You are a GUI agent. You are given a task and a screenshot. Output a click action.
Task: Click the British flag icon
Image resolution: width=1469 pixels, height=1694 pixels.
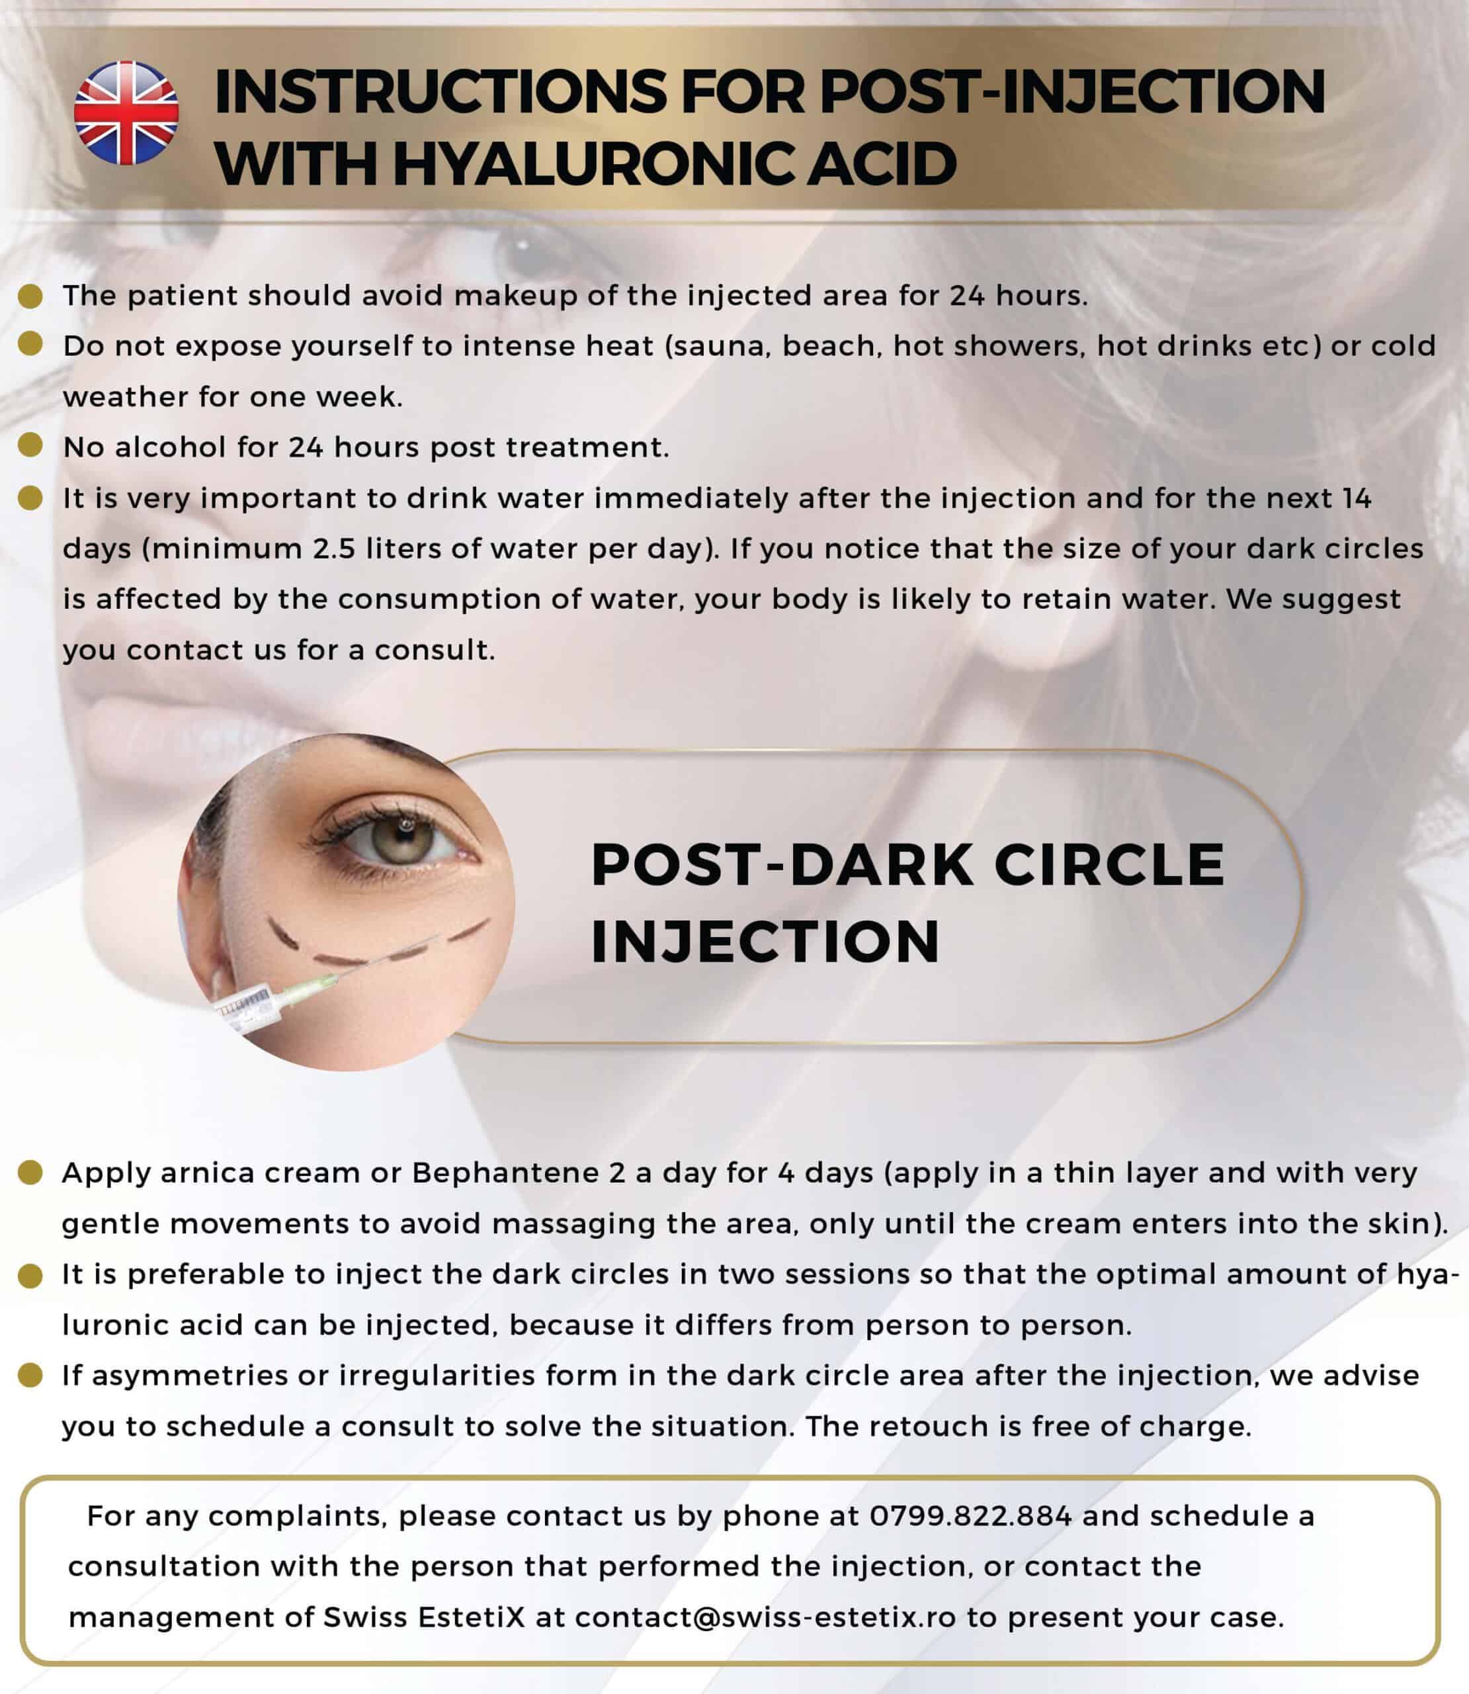point(126,112)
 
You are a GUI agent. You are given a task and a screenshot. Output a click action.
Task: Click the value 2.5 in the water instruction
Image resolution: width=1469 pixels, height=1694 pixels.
point(333,548)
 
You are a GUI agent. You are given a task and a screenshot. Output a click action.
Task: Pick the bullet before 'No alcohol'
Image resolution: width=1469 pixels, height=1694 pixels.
point(30,446)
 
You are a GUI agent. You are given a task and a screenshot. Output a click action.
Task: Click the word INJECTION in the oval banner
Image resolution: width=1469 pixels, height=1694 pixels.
point(765,941)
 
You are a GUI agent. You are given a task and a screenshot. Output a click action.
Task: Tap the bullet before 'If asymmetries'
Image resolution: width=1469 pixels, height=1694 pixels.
point(30,1375)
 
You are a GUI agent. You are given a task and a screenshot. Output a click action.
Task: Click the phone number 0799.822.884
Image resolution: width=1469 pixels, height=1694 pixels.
point(970,1516)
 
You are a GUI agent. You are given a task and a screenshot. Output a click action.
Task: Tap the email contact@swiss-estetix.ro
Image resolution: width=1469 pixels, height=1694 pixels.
point(765,1617)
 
